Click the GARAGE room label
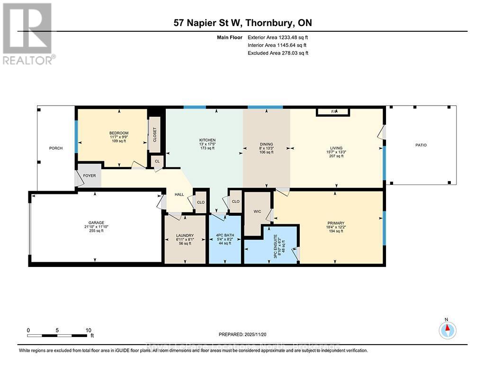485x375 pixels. click(96, 223)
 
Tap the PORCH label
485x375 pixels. click(56, 148)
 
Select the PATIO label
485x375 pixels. click(421, 145)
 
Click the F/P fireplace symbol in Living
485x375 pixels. click(333, 112)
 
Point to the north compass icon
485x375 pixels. click(447, 329)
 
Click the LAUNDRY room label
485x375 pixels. click(184, 236)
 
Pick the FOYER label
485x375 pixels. click(90, 176)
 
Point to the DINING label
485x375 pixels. click(266, 145)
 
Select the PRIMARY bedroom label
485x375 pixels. click(335, 223)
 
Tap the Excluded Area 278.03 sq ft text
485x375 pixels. click(278, 53)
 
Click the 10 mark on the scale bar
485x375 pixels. click(88, 330)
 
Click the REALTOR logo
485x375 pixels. click(27, 33)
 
